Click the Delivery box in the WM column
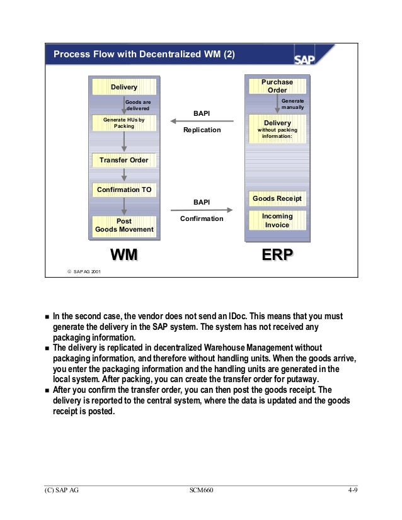123,86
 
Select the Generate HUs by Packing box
123,122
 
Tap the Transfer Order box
123,160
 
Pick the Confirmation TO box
123,189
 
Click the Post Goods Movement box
123,225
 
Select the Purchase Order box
277,86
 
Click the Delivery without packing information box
277,129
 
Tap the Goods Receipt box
277,199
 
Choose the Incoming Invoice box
277,220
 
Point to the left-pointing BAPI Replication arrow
202,122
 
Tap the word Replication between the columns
202,130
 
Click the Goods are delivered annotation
138,105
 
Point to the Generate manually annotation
292,105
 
